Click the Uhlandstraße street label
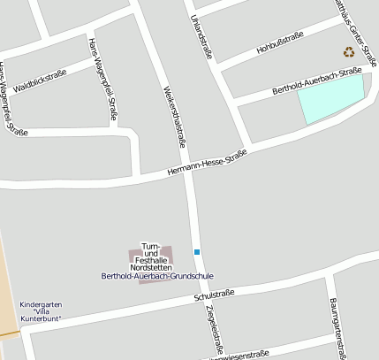click(201, 36)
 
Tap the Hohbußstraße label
click(280, 42)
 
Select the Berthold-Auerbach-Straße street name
click(317, 80)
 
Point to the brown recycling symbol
click(348, 51)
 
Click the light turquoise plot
click(331, 98)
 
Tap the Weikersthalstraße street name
click(175, 116)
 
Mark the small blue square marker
click(197, 252)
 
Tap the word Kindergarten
click(41, 303)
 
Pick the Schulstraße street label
click(215, 295)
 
